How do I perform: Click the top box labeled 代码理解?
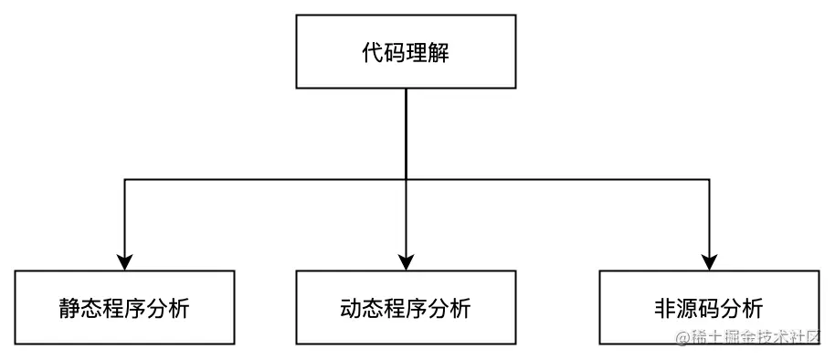tap(405, 52)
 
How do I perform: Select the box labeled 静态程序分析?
tap(125, 307)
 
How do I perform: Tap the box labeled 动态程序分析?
tap(405, 307)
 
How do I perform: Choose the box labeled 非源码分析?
tap(709, 307)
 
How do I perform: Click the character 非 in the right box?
tap(665, 308)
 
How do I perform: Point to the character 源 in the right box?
tap(687, 308)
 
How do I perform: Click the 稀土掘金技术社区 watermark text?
tap(758, 338)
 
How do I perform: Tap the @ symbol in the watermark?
tap(682, 338)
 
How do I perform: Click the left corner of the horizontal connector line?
tap(125, 180)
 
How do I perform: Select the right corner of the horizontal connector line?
tap(709, 180)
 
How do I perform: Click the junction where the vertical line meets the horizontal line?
tap(405, 180)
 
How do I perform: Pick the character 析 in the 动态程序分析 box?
tap(460, 308)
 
